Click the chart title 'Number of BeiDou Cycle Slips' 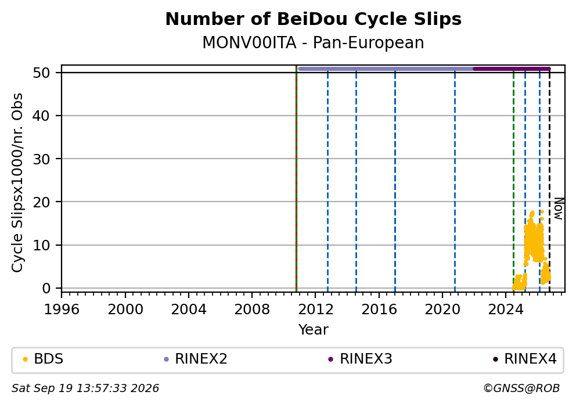[314, 19]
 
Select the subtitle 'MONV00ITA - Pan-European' [314, 42]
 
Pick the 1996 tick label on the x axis [62, 310]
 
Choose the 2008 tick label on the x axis [252, 310]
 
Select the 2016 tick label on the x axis [379, 310]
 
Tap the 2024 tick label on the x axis [506, 310]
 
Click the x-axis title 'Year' [314, 329]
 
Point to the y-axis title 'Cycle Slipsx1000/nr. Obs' [17, 182]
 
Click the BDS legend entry [43, 359]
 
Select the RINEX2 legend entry [196, 359]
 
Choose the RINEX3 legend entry [360, 359]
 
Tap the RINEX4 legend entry [524, 359]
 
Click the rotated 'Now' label [559, 209]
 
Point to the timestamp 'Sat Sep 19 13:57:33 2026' [85, 389]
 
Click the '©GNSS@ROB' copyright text [521, 389]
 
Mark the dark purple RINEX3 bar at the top [512, 69]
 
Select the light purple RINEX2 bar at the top [386, 69]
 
